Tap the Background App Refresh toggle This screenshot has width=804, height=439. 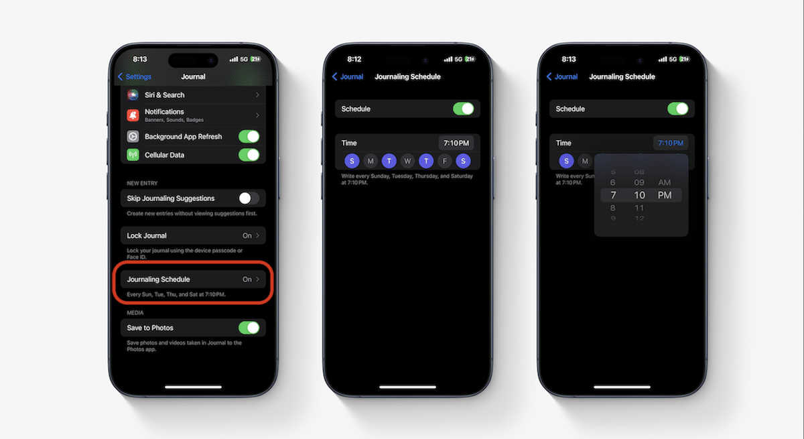click(x=249, y=137)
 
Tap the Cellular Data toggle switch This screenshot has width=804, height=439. click(x=249, y=155)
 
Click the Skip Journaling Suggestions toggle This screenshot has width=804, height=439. click(x=249, y=198)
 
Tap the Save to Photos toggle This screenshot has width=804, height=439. click(x=249, y=328)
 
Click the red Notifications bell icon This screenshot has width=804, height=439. click(x=133, y=115)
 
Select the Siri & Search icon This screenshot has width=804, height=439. click(x=133, y=95)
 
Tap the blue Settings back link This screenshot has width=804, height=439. click(x=135, y=76)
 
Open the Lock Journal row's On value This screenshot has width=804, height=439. click(x=247, y=235)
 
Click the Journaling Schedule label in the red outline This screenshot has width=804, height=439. click(x=158, y=279)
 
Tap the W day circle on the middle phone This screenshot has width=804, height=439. click(x=407, y=161)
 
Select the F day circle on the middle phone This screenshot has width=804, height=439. click(x=445, y=161)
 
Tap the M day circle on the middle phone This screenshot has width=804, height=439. click(x=371, y=161)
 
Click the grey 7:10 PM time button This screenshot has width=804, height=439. click(x=456, y=143)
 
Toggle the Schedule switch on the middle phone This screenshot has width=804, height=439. click(x=463, y=109)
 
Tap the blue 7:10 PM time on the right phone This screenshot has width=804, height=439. click(x=671, y=143)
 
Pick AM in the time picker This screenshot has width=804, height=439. click(x=665, y=182)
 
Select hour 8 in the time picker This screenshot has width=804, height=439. click(x=612, y=208)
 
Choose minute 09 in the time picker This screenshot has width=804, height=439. click(x=639, y=182)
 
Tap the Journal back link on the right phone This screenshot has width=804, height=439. click(x=562, y=76)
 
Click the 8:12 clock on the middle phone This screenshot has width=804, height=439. click(x=354, y=59)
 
